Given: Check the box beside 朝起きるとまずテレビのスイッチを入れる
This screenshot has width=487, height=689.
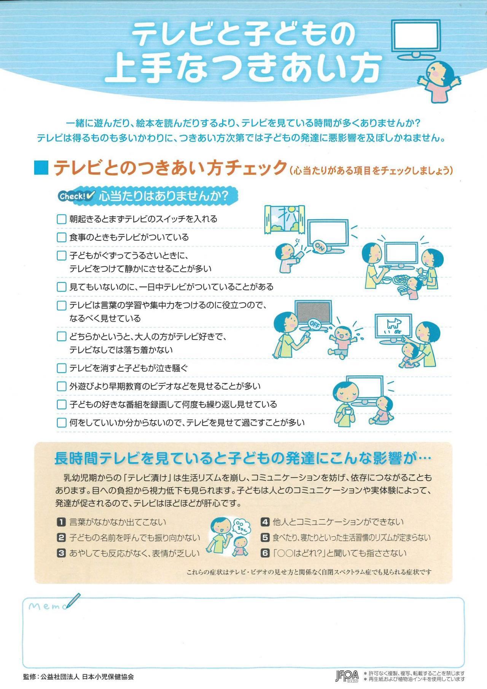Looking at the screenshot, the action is [x=61, y=219].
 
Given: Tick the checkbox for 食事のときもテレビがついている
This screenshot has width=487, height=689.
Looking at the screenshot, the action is [x=61, y=238].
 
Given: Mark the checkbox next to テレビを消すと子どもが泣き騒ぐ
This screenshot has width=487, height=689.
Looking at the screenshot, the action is [x=61, y=368].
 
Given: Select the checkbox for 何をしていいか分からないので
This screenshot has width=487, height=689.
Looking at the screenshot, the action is [x=61, y=423].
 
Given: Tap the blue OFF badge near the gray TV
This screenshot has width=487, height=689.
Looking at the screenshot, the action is [x=314, y=324].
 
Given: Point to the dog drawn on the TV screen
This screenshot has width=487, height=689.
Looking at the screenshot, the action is [x=393, y=324].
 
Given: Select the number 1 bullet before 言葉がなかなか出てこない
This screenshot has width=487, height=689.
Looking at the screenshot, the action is [x=61, y=522].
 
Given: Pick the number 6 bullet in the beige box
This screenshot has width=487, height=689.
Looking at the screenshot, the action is [x=265, y=553].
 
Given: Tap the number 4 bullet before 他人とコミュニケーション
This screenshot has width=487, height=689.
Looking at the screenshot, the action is [x=265, y=522].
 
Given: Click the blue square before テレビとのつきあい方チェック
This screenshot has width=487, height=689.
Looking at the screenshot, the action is [x=41, y=167].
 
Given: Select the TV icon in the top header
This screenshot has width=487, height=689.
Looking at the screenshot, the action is [x=416, y=40].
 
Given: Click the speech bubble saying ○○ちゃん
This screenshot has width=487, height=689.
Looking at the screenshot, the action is [x=240, y=526].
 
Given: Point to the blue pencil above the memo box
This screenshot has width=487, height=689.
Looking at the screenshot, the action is [x=74, y=600].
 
